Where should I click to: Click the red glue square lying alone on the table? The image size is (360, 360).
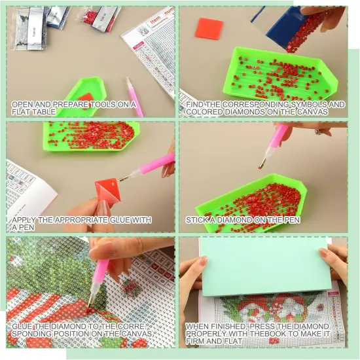(210, 29)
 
